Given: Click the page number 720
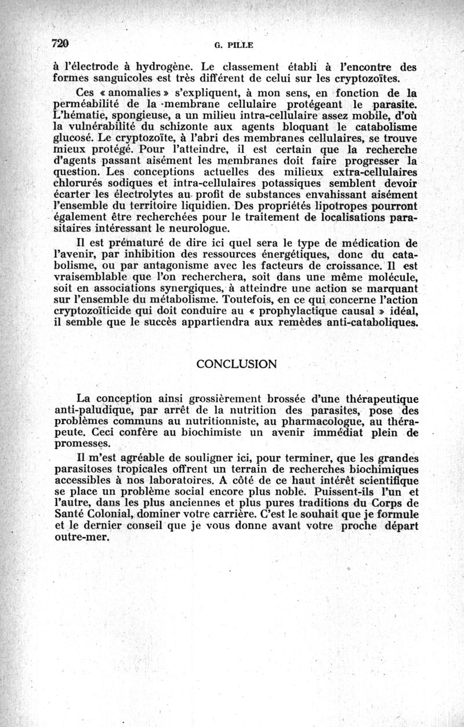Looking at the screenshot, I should click(61, 42).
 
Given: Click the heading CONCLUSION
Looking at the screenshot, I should click(237, 364).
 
